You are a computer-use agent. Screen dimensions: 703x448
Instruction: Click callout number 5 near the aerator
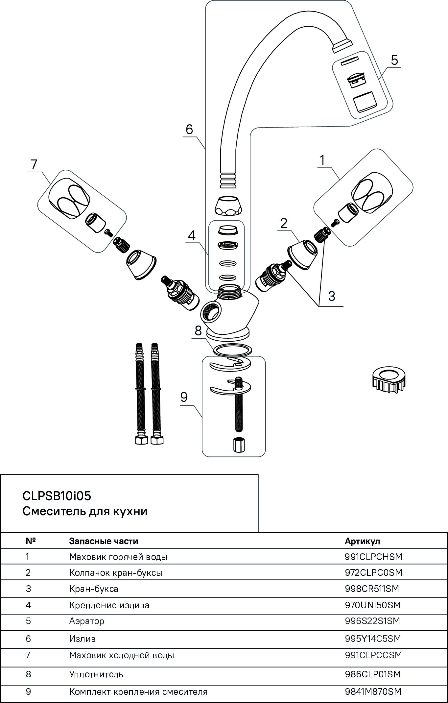tap(394, 60)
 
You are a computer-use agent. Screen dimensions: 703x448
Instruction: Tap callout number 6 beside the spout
tap(189, 130)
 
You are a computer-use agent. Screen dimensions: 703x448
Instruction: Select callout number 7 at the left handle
tap(34, 164)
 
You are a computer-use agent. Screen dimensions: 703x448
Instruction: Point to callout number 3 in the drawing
tap(331, 296)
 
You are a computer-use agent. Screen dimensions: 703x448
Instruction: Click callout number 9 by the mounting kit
tap(184, 397)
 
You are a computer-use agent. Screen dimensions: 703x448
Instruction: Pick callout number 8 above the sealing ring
tap(198, 331)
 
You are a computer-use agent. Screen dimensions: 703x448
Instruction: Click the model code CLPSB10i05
tap(57, 496)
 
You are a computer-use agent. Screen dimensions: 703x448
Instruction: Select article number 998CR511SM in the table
tap(372, 589)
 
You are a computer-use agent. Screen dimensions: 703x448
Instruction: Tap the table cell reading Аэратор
tap(87, 621)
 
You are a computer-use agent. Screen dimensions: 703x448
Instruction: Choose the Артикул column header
tap(362, 541)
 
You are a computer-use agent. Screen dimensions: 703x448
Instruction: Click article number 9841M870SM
tap(373, 692)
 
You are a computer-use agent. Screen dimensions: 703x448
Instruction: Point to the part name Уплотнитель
tap(96, 674)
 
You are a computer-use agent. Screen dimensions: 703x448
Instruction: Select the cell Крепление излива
tap(109, 605)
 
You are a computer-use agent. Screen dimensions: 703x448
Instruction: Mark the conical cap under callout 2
tap(302, 255)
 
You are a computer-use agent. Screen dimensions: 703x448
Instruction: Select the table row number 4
tap(28, 605)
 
